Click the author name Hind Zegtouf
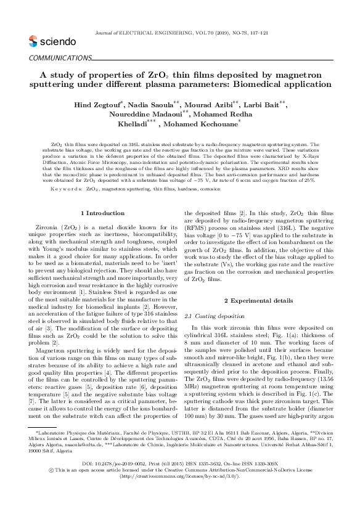point(99,105)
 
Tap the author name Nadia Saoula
point(151,105)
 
